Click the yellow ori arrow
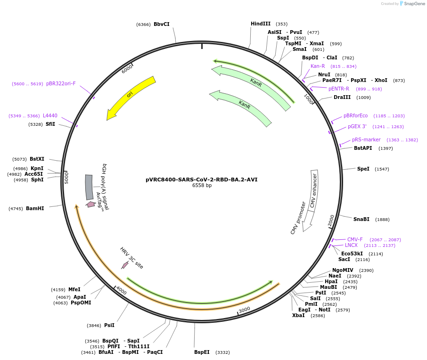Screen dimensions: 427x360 click(131, 96)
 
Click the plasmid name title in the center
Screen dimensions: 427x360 click(202, 180)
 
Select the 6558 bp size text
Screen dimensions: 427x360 click(202, 186)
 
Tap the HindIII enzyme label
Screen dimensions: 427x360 click(261, 24)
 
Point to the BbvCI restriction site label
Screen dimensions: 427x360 click(161, 24)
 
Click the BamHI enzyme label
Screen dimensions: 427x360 click(35, 208)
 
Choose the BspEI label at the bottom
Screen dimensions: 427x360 click(202, 352)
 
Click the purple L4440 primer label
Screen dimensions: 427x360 click(50, 115)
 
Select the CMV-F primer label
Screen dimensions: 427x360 click(355, 239)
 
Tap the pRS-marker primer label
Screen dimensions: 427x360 click(366, 139)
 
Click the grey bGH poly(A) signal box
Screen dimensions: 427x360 click(89, 187)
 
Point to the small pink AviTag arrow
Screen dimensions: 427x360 click(90, 204)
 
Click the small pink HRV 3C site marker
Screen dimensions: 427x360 click(125, 265)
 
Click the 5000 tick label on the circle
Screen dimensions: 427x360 click(67, 178)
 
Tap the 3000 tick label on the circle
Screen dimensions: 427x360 click(244, 310)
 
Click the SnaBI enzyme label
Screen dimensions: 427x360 click(361, 219)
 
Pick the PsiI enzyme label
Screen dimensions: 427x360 click(109, 325)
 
